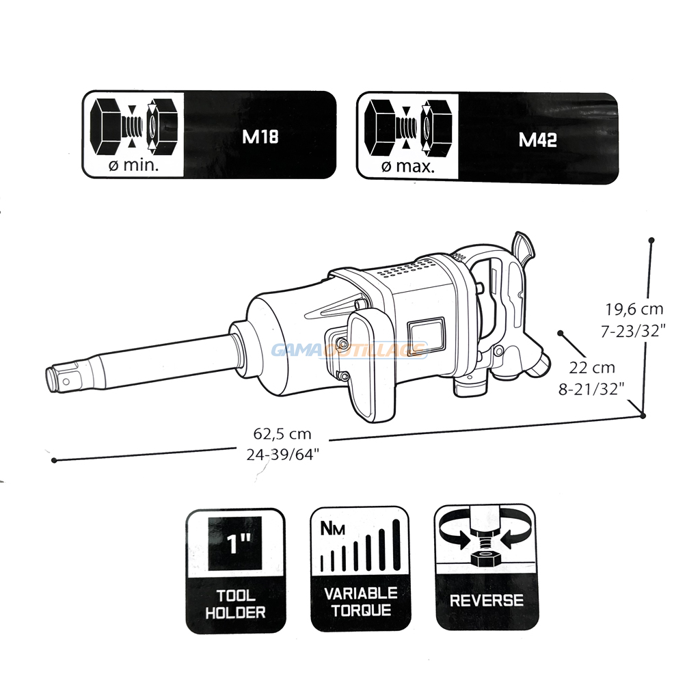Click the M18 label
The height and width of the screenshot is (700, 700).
[260, 136]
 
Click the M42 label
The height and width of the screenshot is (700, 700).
[537, 140]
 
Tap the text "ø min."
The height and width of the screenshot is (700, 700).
[134, 165]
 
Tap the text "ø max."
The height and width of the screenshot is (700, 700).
[408, 167]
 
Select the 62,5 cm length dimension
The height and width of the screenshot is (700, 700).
[282, 433]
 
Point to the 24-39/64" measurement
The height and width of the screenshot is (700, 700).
[283, 455]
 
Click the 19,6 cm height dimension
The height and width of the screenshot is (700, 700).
[634, 309]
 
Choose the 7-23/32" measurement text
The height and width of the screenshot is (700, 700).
[634, 331]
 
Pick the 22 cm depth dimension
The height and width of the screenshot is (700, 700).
[592, 367]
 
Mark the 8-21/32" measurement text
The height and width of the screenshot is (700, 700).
[591, 389]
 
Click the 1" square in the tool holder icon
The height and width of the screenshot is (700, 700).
[235, 543]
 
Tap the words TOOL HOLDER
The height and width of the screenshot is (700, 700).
[235, 604]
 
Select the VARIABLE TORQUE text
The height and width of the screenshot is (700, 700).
[361, 602]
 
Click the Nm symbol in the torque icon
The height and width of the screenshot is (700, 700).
[333, 529]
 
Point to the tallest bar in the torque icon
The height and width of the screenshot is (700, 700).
[396, 545]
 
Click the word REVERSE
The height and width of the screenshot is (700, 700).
[487, 600]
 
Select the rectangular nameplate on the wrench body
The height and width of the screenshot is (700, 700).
[427, 332]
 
